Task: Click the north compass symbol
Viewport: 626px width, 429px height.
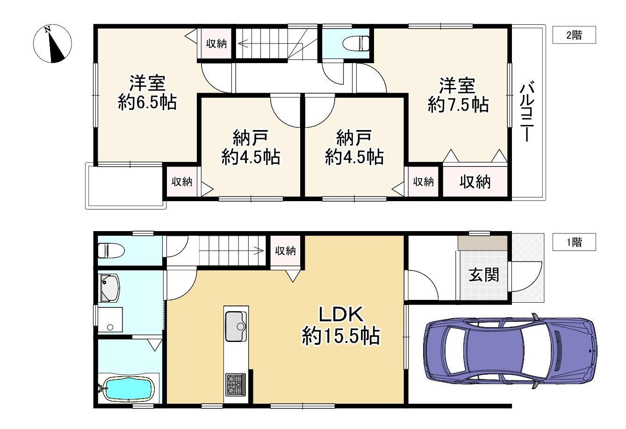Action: [x=52, y=44]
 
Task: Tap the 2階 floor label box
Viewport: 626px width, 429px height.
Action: [x=574, y=35]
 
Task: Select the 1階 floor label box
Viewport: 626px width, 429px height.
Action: [x=574, y=242]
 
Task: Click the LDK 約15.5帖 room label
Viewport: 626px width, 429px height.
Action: [x=340, y=326]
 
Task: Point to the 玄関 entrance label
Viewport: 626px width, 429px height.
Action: [x=483, y=275]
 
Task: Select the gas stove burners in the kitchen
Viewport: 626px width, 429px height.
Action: [x=235, y=385]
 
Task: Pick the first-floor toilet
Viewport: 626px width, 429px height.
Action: [x=112, y=251]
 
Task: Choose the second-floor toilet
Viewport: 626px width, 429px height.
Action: [x=356, y=44]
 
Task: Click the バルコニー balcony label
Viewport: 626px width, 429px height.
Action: [x=528, y=111]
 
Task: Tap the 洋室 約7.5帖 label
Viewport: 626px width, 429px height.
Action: [x=457, y=95]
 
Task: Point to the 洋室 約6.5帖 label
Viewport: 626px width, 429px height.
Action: [x=147, y=93]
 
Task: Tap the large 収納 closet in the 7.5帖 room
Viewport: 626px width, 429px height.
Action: [x=475, y=182]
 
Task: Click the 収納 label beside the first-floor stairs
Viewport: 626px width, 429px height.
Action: [x=285, y=251]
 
